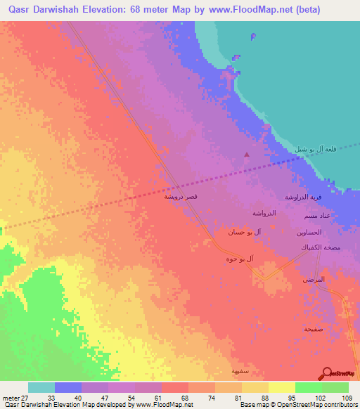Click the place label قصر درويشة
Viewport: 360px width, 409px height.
pyautogui.click(x=186, y=197)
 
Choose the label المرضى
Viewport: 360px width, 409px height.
pyautogui.click(x=315, y=280)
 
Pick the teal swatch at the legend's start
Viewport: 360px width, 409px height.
pyautogui.click(x=41, y=387)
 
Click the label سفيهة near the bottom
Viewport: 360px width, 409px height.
pyautogui.click(x=241, y=370)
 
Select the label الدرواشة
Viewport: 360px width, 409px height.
pyautogui.click(x=264, y=212)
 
